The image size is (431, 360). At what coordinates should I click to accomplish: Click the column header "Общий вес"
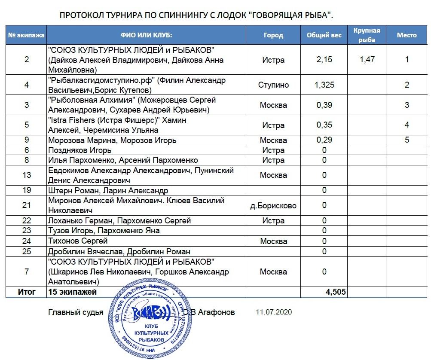(324, 35)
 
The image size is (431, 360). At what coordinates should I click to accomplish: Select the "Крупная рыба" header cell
(366, 35)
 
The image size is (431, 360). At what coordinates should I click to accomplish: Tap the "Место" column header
(407, 35)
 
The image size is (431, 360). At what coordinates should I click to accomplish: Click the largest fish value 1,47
(367, 60)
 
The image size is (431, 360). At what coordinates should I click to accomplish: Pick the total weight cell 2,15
(324, 60)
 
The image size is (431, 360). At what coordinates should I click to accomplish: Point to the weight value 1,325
(324, 85)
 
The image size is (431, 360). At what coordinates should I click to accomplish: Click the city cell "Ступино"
(273, 85)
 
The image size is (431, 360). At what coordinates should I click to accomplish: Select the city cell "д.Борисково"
(273, 205)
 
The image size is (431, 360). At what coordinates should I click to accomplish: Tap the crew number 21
(27, 205)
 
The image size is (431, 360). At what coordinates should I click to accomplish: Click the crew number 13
(27, 175)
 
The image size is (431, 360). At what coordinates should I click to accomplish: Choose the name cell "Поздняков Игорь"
(79, 150)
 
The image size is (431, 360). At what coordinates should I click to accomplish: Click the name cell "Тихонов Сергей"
(78, 241)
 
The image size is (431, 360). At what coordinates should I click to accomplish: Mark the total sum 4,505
(336, 292)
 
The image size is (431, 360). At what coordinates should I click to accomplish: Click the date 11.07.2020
(273, 312)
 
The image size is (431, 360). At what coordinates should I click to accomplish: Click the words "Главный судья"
(76, 312)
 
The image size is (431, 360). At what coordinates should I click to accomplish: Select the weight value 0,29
(324, 140)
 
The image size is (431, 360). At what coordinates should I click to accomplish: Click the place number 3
(407, 105)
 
